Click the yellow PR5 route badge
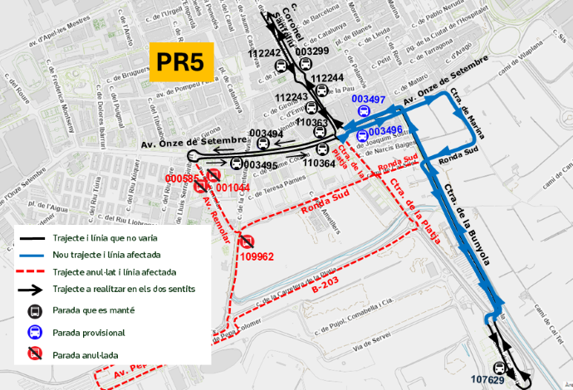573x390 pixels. pos(181,61)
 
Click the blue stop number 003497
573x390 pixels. pos(369,100)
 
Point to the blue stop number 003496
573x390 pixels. pos(385,131)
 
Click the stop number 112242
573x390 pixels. pos(265,53)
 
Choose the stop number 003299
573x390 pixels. pos(312,51)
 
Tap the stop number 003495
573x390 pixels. pos(261,165)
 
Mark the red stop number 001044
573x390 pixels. pos(233,188)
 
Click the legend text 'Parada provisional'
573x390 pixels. pos(89,333)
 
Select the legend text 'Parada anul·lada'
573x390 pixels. pos(86,354)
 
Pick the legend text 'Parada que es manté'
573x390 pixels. pos(91,312)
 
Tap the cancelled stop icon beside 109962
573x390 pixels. pos(247,241)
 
